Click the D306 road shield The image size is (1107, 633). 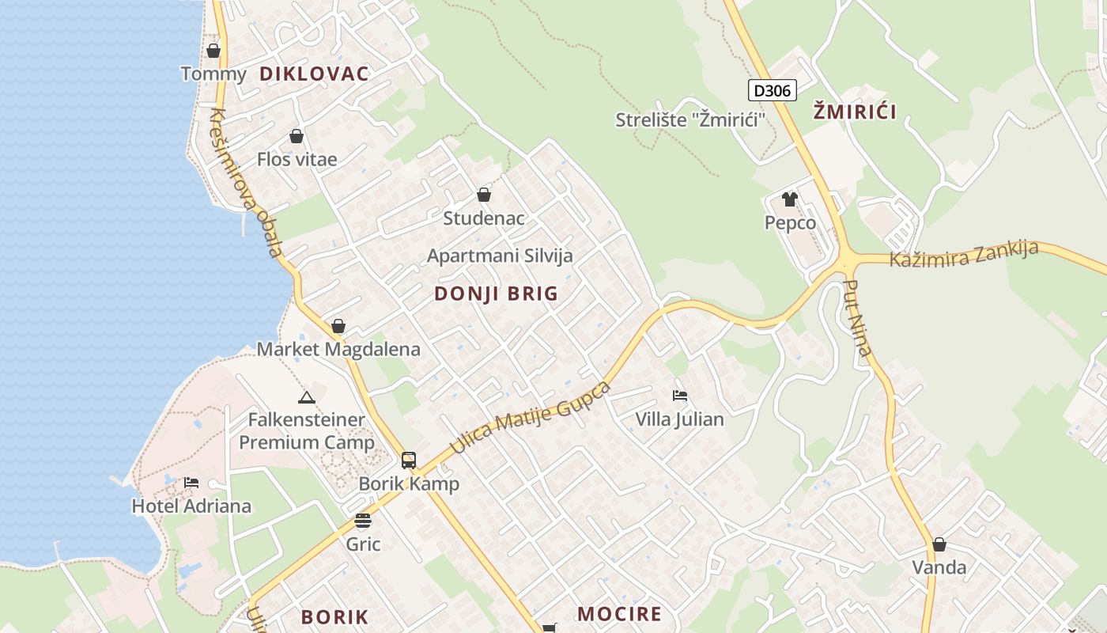point(772,90)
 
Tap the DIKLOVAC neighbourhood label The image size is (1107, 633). point(314,74)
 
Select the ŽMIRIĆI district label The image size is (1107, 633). point(855,112)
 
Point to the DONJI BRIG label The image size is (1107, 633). point(496,294)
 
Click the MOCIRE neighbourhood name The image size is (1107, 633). point(619,614)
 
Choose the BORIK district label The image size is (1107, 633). point(334,617)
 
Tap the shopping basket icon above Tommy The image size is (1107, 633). point(213,51)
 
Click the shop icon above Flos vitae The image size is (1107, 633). point(297,136)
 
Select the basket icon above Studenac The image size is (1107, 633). point(484,195)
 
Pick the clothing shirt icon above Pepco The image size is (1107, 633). point(789,199)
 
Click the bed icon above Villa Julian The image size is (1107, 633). point(679,395)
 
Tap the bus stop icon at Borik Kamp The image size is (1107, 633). point(409,460)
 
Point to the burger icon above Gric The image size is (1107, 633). point(363,521)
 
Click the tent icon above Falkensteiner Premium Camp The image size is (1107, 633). point(307,396)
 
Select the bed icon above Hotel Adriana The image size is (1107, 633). point(191,482)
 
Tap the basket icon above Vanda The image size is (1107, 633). point(939,544)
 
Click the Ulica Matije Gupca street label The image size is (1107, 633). point(531,418)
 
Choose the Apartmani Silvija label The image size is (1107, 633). point(500,256)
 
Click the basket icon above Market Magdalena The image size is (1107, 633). point(338,326)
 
